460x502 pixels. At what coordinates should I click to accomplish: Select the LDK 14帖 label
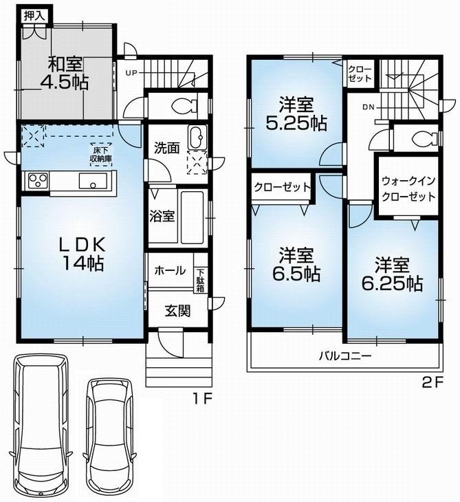tap(76, 252)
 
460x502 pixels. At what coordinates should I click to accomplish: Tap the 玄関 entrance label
tap(177, 310)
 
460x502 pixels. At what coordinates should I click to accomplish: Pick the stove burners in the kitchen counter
tap(36, 182)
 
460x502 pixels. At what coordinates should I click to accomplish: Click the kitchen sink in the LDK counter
tap(91, 182)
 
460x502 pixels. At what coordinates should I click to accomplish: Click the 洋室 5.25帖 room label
tap(296, 115)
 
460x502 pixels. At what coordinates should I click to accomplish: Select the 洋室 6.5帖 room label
tap(296, 265)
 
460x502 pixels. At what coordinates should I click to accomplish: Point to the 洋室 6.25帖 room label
tap(393, 274)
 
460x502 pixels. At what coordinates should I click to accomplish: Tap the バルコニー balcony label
tap(344, 356)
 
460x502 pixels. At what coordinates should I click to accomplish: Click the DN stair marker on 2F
tap(369, 107)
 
